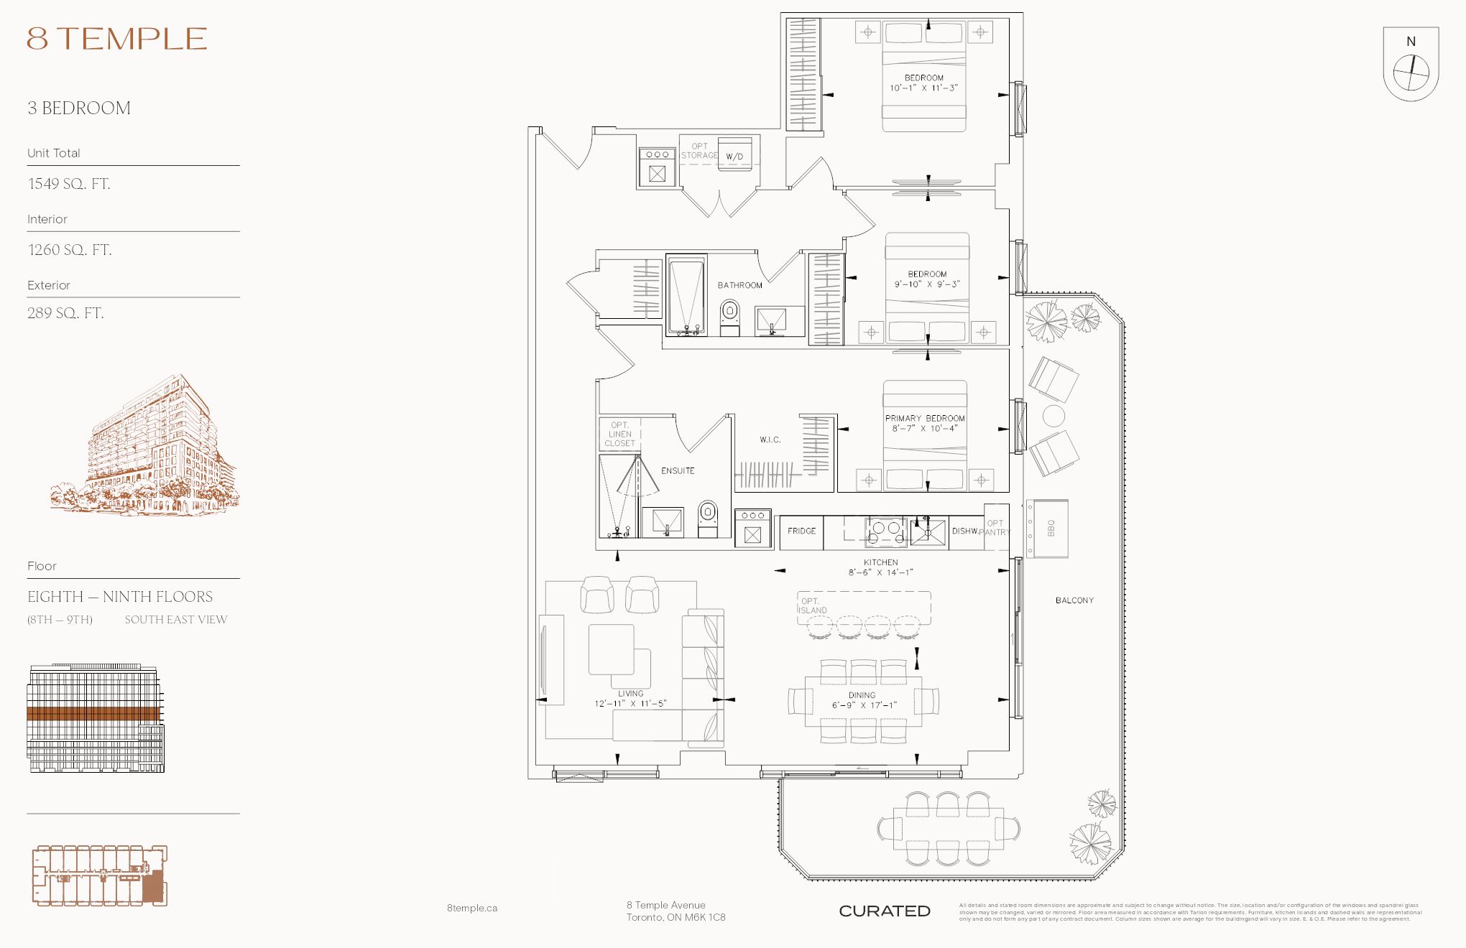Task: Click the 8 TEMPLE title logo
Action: (117, 39)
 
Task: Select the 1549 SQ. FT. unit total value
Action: (69, 184)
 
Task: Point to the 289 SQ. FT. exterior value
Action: (65, 313)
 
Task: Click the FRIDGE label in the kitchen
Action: (801, 531)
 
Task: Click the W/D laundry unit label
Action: (734, 157)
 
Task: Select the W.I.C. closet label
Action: (770, 440)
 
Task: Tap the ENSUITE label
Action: (678, 471)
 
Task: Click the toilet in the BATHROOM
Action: (729, 317)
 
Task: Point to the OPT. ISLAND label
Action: (813, 605)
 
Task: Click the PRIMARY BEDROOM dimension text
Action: (924, 428)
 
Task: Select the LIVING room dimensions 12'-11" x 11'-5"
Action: (630, 704)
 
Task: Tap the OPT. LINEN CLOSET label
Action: (619, 434)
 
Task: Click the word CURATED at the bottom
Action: (884, 911)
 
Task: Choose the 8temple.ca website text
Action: (471, 908)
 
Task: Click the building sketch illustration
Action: (147, 449)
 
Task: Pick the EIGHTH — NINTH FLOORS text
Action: (120, 597)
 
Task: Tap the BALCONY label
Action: (1074, 600)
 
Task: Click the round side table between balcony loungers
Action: (1054, 416)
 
